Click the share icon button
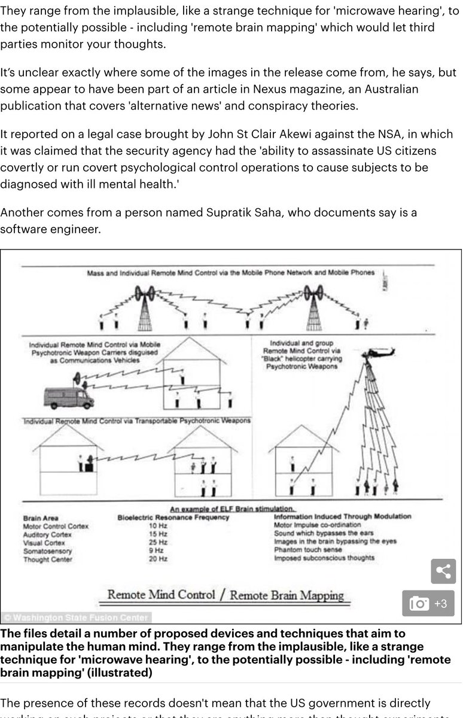443,571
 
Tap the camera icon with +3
428,603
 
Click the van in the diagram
69,396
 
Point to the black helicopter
377,353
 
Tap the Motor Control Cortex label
56,526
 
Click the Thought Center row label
47,559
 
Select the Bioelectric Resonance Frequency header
173,517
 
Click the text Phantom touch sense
307,550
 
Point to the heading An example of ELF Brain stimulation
231,509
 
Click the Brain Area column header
41,518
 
